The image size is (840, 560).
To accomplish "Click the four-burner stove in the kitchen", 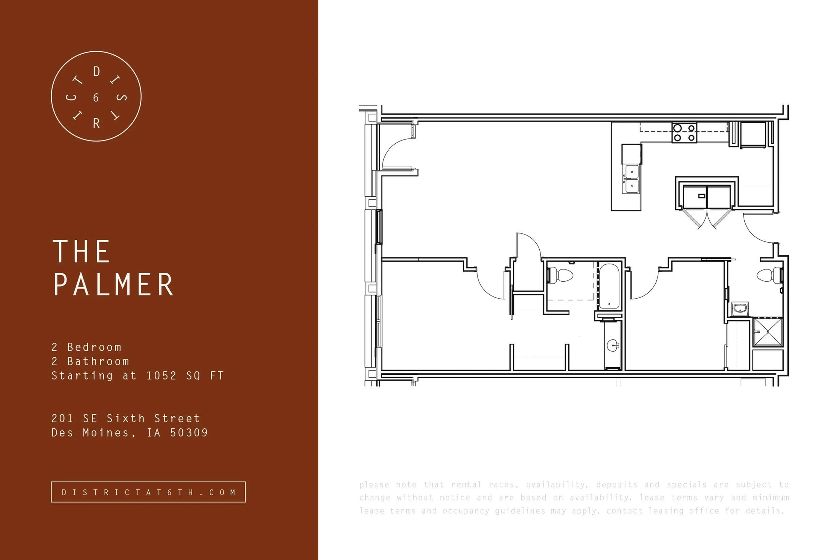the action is point(684,132).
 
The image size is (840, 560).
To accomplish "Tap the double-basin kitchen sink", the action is point(632,179).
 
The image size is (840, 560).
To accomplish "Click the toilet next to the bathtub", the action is point(560,275).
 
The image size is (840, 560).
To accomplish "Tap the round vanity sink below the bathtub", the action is point(613,346).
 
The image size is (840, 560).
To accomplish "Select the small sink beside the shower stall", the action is point(740,308).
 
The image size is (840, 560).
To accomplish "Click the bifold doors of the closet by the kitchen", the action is point(708,219).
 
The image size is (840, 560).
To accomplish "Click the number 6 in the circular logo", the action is point(96,97).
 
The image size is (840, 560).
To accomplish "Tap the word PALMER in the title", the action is point(114,284).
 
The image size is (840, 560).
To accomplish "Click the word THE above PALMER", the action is point(81,251).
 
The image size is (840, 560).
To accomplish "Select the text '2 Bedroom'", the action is point(87,347).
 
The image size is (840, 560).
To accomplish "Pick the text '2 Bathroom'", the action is point(90,361).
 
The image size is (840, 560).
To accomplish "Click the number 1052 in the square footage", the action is point(162,376).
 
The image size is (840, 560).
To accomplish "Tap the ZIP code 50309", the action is point(189,433).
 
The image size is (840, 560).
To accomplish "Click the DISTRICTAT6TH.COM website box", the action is point(148,492).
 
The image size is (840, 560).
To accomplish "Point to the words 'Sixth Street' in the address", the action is point(153,418).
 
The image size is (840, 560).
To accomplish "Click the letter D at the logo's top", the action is point(96,72).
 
